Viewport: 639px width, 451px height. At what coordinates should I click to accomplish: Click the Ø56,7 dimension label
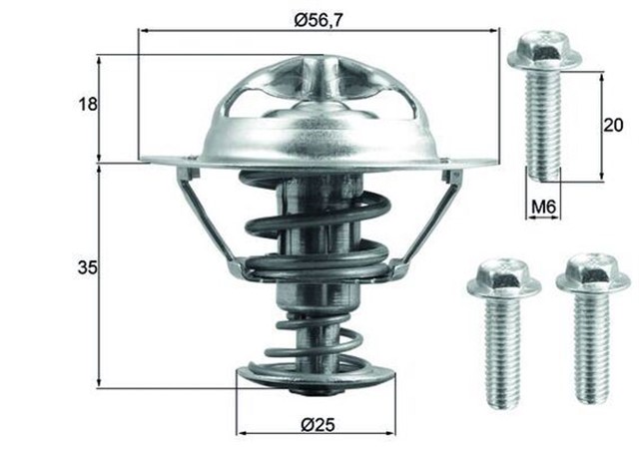319,18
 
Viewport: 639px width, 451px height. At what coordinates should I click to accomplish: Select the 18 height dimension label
92,105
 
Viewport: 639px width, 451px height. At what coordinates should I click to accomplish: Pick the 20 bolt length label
615,126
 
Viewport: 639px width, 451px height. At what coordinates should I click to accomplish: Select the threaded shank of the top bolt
543,120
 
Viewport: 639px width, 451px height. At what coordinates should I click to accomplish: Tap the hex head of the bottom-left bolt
503,279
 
